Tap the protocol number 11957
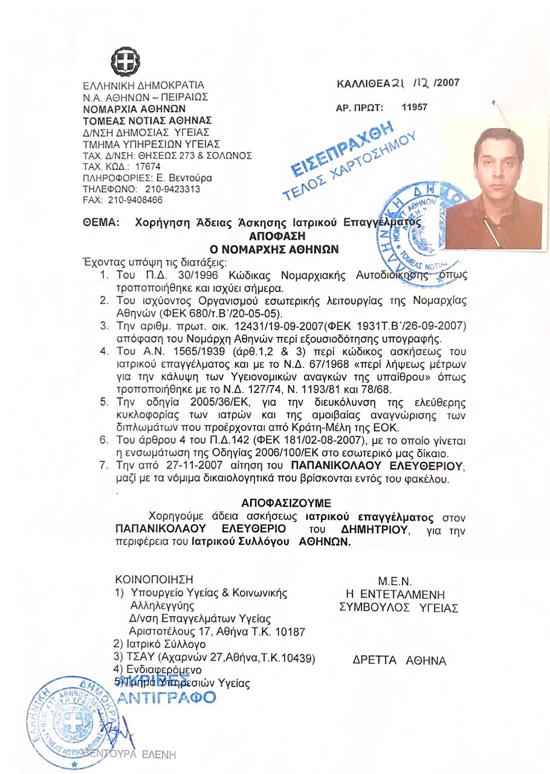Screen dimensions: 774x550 (415, 107)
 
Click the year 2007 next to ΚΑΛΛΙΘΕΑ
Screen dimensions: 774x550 (447, 83)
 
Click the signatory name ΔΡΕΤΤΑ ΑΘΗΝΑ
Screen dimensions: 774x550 (399, 661)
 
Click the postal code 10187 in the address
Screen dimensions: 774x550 (280, 631)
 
